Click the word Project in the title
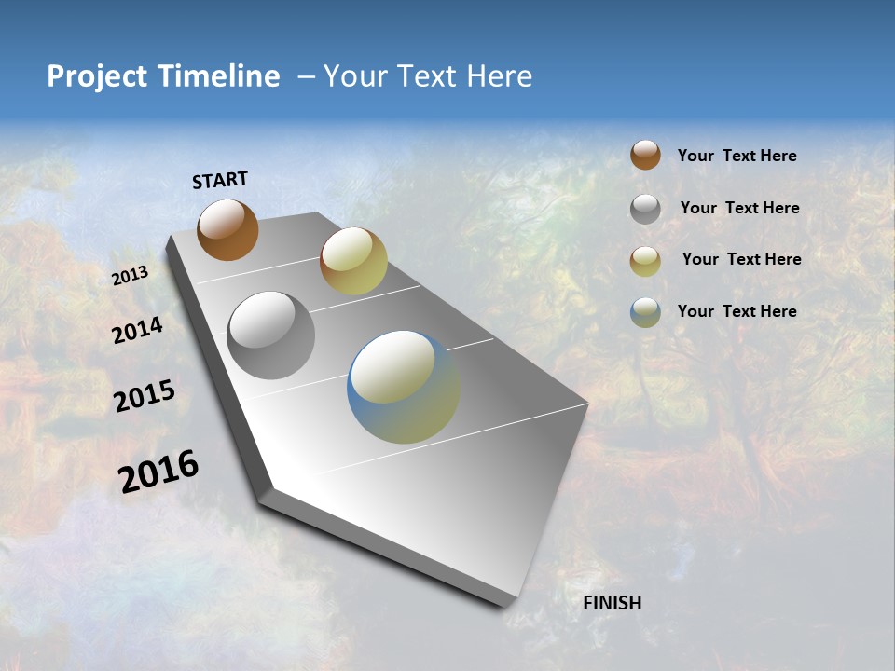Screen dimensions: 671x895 point(98,76)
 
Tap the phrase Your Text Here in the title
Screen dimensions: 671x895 point(428,76)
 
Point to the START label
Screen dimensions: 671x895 point(220,180)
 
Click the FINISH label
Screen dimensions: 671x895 point(613,603)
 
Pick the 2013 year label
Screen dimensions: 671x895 point(131,276)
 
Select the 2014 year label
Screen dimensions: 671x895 point(138,331)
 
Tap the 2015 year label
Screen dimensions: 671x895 point(145,396)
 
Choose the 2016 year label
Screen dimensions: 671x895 point(158,472)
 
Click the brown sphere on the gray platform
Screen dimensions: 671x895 point(227,229)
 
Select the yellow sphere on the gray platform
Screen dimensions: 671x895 point(353,261)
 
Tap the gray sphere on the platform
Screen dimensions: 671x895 point(271,335)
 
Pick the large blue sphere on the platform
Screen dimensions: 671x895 point(404,387)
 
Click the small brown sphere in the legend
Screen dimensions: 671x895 point(645,155)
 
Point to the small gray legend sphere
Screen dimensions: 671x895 point(645,209)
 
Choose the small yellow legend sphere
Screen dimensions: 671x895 point(645,261)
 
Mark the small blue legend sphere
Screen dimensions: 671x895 point(645,312)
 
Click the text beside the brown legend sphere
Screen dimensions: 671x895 point(737,157)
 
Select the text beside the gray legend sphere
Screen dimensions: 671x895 point(739,208)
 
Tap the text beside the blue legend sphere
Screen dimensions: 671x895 point(737,311)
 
